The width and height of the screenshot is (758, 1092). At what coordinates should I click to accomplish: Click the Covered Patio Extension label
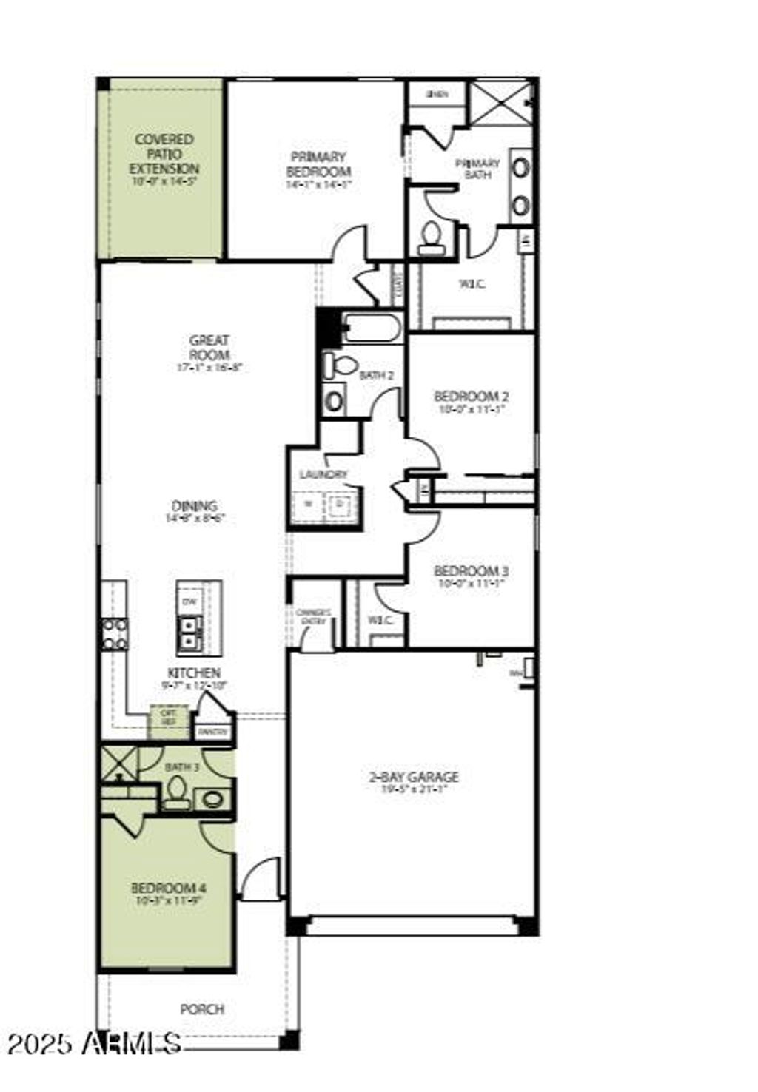click(164, 154)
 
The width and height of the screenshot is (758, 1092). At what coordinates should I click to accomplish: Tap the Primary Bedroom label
click(318, 164)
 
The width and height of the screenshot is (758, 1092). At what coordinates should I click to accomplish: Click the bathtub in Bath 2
click(373, 327)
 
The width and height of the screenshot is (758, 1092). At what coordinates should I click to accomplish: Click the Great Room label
click(209, 348)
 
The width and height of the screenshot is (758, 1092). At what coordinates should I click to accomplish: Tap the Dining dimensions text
click(195, 519)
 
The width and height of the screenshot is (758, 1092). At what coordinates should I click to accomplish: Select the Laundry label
click(323, 474)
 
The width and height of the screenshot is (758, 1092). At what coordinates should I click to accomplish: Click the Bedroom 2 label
click(471, 396)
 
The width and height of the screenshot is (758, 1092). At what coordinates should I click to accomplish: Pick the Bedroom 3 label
click(471, 571)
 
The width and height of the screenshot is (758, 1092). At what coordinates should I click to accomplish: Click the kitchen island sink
click(189, 633)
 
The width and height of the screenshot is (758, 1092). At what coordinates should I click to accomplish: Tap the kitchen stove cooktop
click(115, 634)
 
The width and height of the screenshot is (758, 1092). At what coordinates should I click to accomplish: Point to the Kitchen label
click(194, 673)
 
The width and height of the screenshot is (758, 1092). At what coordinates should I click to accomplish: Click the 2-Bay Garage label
click(414, 777)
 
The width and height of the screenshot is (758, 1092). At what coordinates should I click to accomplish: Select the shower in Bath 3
click(118, 762)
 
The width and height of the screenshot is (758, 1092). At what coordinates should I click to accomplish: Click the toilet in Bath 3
click(176, 794)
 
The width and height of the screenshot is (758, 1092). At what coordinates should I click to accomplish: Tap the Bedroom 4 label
click(168, 888)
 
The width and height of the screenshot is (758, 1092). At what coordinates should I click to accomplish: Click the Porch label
click(202, 1009)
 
